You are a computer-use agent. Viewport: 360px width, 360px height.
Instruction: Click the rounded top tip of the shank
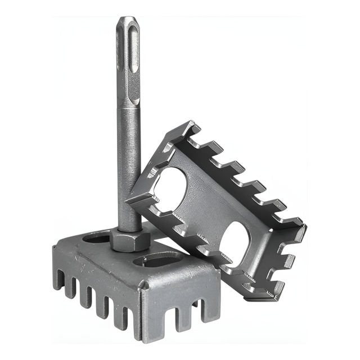127,21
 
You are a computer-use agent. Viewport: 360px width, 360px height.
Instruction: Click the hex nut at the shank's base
130,241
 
